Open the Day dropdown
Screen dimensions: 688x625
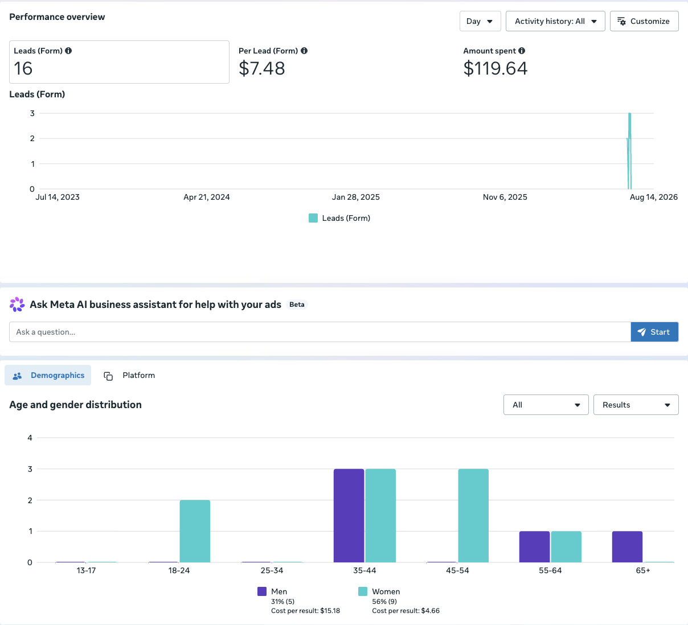click(x=480, y=21)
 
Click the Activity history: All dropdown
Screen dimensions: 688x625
click(x=555, y=21)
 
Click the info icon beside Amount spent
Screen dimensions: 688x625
click(x=522, y=51)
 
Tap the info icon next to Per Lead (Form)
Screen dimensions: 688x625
click(x=304, y=51)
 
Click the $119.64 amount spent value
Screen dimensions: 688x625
click(x=495, y=68)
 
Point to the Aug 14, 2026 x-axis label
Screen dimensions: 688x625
click(x=653, y=197)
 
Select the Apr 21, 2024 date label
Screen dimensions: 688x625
click(x=207, y=197)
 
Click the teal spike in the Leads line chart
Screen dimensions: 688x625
click(x=629, y=151)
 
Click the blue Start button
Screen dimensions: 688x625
click(x=654, y=332)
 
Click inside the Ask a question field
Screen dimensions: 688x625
click(x=320, y=332)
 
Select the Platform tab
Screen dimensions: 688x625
click(x=129, y=376)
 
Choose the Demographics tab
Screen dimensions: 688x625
click(x=48, y=376)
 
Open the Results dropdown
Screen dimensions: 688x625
click(x=636, y=405)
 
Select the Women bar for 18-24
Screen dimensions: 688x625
click(x=195, y=531)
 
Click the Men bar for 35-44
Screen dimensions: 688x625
click(x=349, y=516)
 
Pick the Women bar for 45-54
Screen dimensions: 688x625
click(x=473, y=516)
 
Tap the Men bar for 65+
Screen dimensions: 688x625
click(x=627, y=547)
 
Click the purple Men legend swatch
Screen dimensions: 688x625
click(x=262, y=591)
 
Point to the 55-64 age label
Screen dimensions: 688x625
click(x=550, y=570)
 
